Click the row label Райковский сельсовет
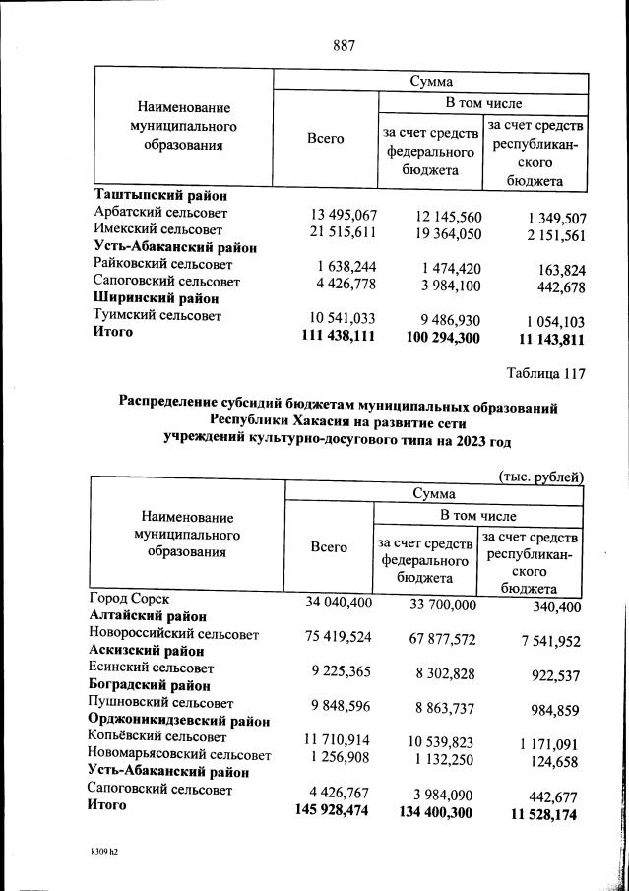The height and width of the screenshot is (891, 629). click(162, 265)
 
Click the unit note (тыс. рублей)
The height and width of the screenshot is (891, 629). click(541, 477)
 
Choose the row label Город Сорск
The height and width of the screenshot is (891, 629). click(129, 599)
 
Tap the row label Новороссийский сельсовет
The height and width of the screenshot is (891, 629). click(173, 635)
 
